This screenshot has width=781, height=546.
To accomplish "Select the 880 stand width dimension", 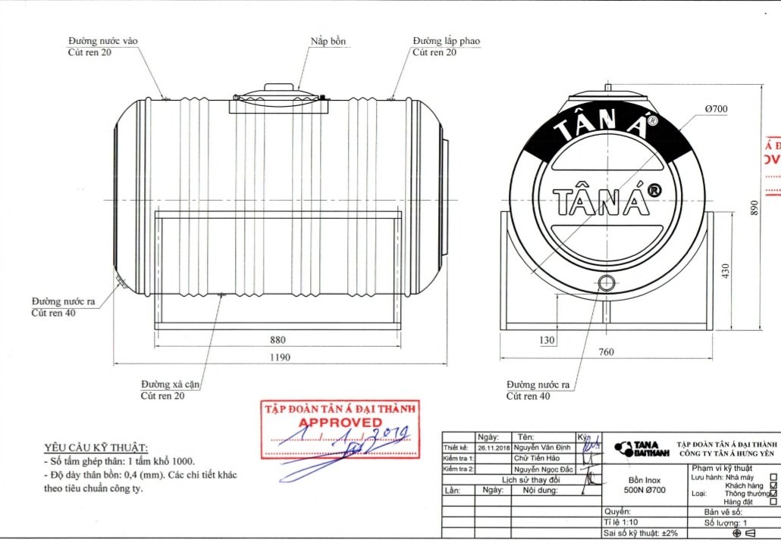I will [277, 339].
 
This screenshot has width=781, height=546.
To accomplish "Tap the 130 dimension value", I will [547, 341].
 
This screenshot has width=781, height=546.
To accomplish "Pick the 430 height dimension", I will [724, 270].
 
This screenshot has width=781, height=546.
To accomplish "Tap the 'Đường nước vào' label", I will [103, 41].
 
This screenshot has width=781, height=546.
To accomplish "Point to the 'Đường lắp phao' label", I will [446, 41].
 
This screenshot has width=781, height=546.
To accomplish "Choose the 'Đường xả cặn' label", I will [170, 385].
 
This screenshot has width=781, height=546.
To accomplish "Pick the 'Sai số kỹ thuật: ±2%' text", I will [635, 533].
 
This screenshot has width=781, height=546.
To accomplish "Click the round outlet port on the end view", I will [606, 282].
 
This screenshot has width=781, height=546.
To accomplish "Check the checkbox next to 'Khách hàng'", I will [773, 485].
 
